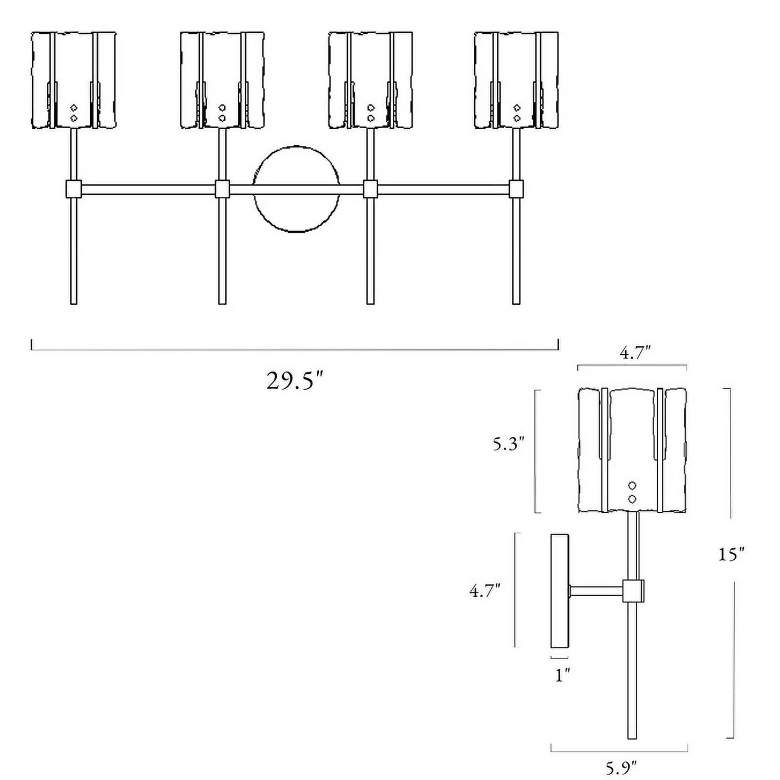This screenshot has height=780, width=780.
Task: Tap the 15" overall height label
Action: click(x=731, y=554)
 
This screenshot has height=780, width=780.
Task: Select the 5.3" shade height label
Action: click(x=508, y=445)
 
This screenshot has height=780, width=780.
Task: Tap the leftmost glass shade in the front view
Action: click(x=74, y=80)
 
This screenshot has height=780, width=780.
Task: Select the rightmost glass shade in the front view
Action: click(x=516, y=80)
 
